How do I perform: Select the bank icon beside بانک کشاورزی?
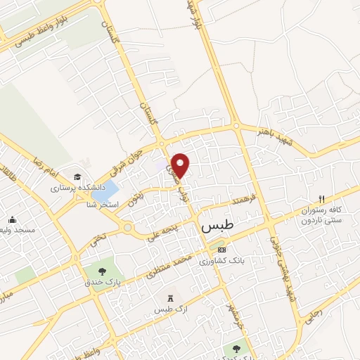tap(222, 250)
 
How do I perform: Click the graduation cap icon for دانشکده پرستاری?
tap(77, 177)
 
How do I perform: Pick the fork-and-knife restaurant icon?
tap(321, 198)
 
